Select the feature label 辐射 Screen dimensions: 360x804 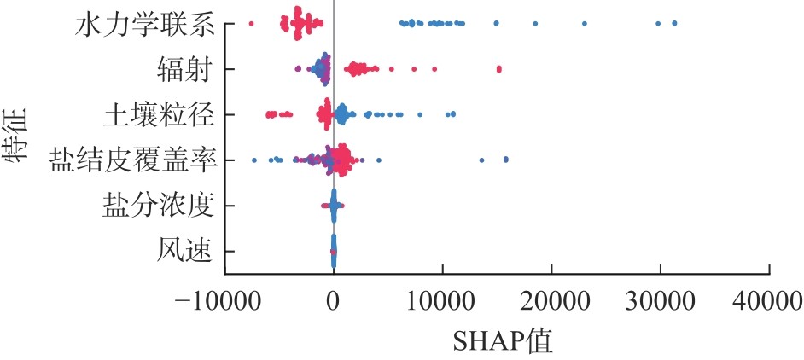pos(184,68)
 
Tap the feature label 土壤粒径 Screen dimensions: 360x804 pos(158,113)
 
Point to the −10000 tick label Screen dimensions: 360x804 pos(224,300)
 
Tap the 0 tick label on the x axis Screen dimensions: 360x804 pos(334,300)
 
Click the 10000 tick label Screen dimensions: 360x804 pos(442,300)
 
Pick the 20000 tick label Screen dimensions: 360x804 pos(551,300)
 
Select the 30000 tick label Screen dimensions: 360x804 pos(661,300)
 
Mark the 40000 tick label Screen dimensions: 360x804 pos(769,300)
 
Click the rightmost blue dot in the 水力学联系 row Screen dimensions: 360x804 pos(675,23)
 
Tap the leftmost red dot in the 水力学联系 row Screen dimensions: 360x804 pos(250,23)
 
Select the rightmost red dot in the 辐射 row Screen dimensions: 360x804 pos(499,68)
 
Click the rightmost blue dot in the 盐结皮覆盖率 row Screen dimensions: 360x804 pos(506,159)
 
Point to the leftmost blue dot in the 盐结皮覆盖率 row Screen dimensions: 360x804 pos(253,160)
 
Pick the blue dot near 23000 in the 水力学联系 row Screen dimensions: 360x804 pos(585,23)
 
